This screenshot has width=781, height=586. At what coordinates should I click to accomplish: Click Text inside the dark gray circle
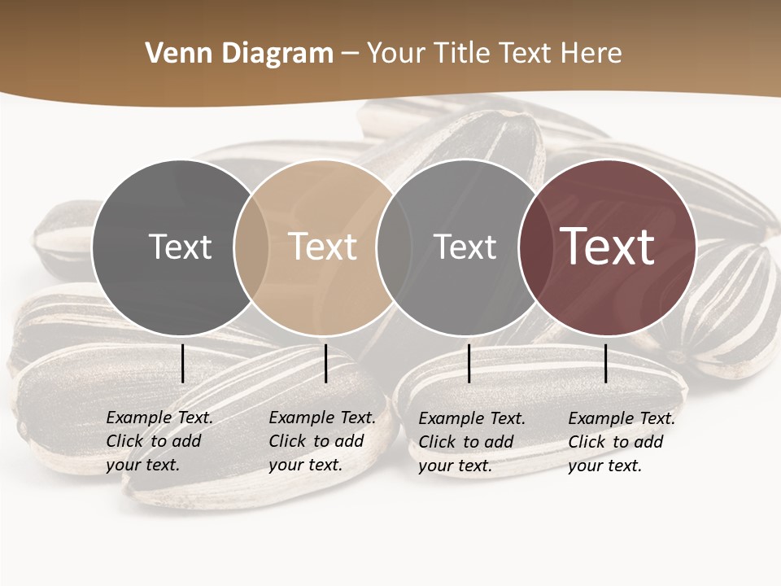coord(180,247)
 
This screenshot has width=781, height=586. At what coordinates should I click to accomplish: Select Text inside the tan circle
coord(323,247)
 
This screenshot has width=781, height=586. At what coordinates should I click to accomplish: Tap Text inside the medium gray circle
coord(465,247)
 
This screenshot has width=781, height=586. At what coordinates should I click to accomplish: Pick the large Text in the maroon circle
coord(608,246)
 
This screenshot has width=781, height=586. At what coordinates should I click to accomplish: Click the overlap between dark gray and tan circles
coord(251,247)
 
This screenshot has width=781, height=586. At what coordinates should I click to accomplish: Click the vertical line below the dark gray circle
coord(182,363)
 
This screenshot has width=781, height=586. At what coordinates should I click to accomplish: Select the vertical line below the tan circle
coord(325,363)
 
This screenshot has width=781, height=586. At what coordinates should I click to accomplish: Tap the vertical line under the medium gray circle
coord(469,363)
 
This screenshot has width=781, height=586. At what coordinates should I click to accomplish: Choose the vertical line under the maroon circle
coord(606,363)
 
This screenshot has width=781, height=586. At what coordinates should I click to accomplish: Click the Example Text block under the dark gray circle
coord(159,441)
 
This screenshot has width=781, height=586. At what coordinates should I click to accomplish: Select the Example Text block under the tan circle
coord(322,441)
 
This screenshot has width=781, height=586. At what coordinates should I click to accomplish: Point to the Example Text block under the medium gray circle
coord(472,442)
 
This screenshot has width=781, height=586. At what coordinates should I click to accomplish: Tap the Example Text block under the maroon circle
coord(622,442)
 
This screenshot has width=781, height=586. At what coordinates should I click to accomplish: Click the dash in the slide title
coord(350,55)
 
